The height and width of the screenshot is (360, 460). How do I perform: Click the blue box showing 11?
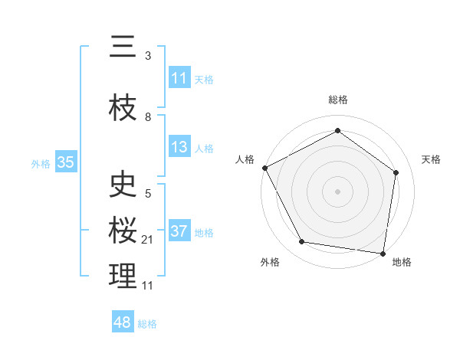point(179,78)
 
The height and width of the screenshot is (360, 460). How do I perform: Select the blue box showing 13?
point(179,147)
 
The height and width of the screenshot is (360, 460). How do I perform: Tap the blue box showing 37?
point(179,231)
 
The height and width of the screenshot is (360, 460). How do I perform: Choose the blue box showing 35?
point(65,162)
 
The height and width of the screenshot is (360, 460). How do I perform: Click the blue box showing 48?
point(123,322)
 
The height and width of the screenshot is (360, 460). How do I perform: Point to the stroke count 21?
point(148,240)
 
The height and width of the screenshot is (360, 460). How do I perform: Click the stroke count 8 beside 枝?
point(148,117)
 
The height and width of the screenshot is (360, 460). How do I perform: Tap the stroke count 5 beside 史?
point(148,194)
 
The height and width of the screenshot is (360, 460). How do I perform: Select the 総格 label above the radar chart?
point(337,100)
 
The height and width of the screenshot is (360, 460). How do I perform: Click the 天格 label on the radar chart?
point(431,159)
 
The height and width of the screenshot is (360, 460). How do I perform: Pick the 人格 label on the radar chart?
point(245,159)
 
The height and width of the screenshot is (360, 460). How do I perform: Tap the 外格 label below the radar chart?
point(270,262)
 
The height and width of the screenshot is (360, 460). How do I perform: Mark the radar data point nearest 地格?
point(383,253)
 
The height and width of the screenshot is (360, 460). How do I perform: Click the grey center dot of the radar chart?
point(337,191)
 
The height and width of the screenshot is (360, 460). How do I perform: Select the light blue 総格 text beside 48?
point(147,324)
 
